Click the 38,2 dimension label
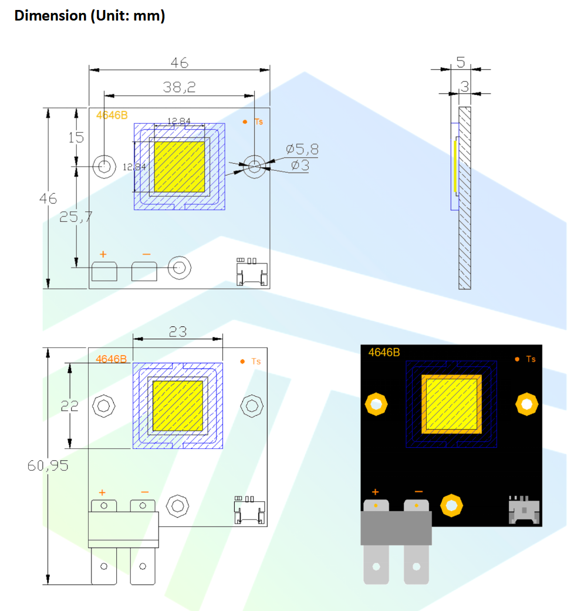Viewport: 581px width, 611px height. tap(179, 87)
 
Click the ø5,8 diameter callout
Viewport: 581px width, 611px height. tap(302, 149)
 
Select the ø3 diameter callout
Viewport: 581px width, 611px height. tap(300, 166)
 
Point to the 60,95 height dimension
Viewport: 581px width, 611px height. tap(48, 465)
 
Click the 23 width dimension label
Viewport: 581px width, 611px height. tap(178, 332)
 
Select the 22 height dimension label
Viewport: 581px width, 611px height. tap(70, 405)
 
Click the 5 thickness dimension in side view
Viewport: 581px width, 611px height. tap(461, 62)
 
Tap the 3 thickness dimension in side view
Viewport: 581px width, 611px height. tap(464, 86)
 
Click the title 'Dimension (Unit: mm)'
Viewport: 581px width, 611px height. tap(90, 16)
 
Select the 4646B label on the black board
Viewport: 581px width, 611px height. tap(384, 353)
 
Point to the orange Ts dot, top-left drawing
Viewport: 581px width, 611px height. tap(245, 121)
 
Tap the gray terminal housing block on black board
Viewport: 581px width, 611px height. tap(396, 527)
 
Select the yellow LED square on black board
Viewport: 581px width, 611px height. tap(451, 403)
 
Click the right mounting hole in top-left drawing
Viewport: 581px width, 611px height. tap(254, 166)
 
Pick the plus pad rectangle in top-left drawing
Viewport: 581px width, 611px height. tap(104, 272)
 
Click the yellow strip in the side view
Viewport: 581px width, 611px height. tap(455, 167)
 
